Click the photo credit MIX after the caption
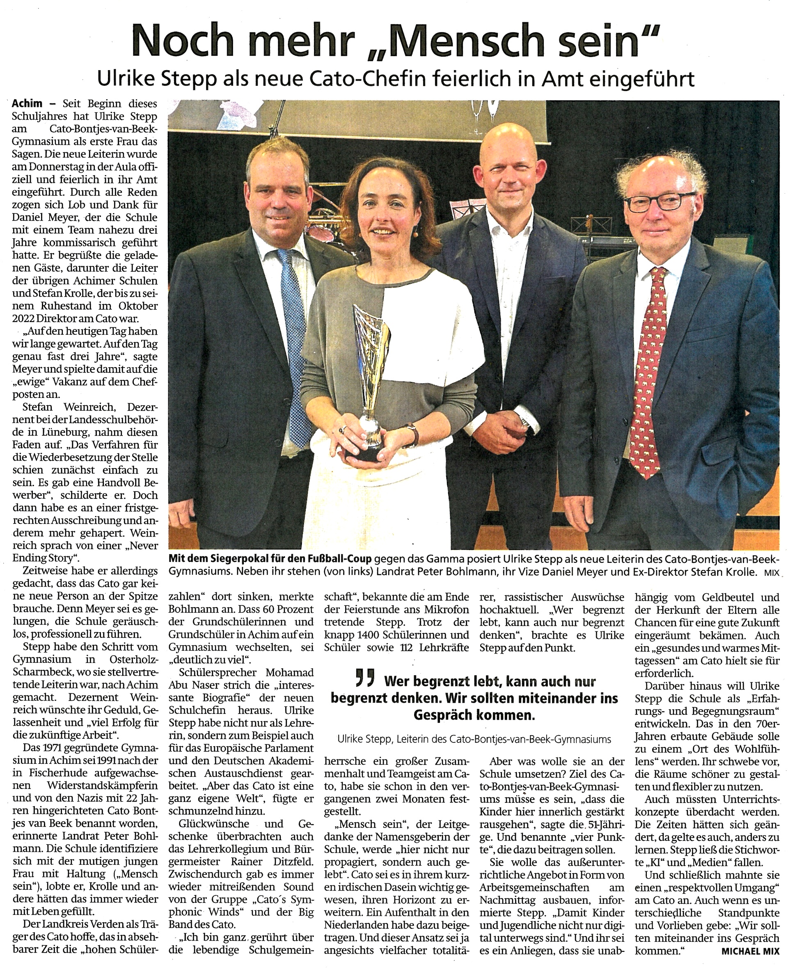(771, 573)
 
